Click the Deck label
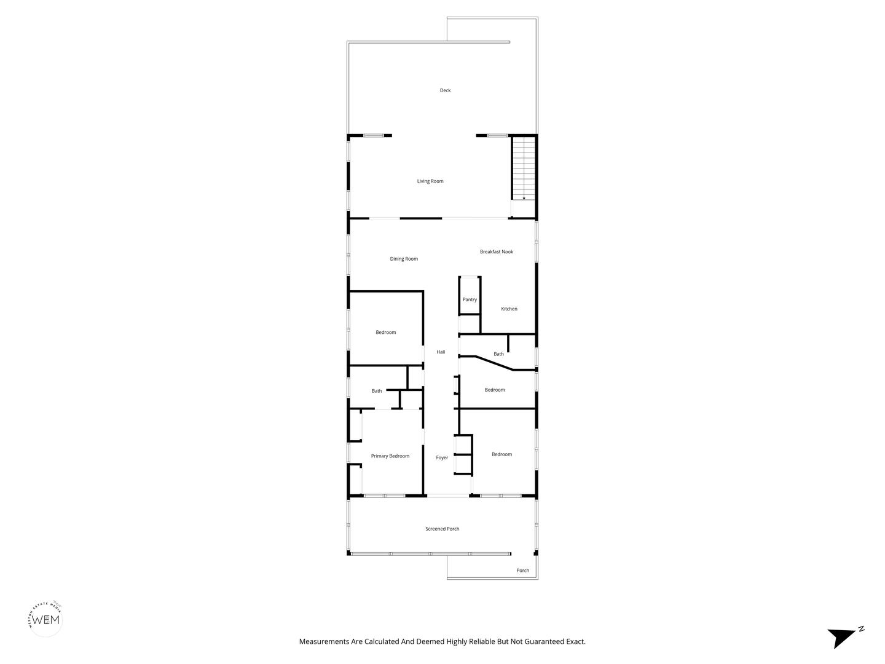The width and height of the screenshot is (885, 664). tap(445, 90)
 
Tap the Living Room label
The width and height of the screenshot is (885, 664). tap(430, 181)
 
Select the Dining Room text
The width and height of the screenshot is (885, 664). tap(404, 259)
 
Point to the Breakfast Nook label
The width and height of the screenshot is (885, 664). tap(497, 251)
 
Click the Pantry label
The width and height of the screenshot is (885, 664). tap(470, 299)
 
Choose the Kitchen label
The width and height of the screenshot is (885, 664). tap(509, 309)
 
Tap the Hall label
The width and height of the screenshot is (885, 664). tap(441, 352)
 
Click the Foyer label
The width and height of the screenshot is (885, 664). tap(442, 457)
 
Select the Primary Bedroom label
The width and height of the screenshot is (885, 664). tap(390, 456)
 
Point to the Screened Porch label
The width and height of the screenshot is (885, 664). tap(442, 529)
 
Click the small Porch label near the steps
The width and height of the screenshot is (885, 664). tap(522, 570)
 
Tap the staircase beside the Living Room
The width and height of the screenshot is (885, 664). tap(524, 168)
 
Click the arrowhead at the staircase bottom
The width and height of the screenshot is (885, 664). tap(524, 199)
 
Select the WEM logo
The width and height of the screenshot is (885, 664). tap(46, 620)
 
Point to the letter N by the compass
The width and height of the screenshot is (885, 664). tap(861, 629)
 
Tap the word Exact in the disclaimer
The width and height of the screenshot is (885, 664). tap(576, 641)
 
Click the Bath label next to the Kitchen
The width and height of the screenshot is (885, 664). tap(498, 354)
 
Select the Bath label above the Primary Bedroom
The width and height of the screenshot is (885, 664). tap(377, 391)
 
